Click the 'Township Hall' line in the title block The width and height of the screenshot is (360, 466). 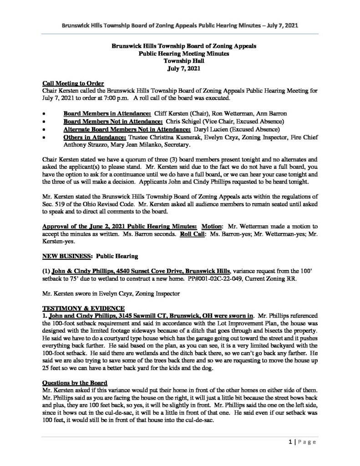click(x=180, y=60)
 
